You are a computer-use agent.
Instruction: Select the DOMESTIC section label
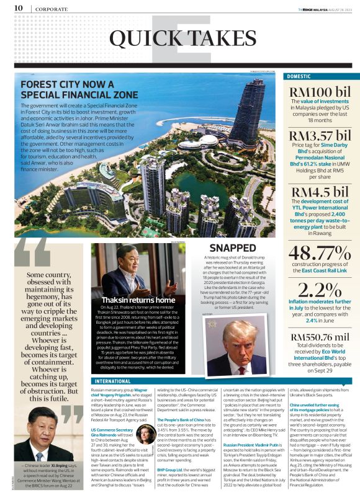point(299,76)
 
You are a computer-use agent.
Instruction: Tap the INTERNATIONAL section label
point(115,381)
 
